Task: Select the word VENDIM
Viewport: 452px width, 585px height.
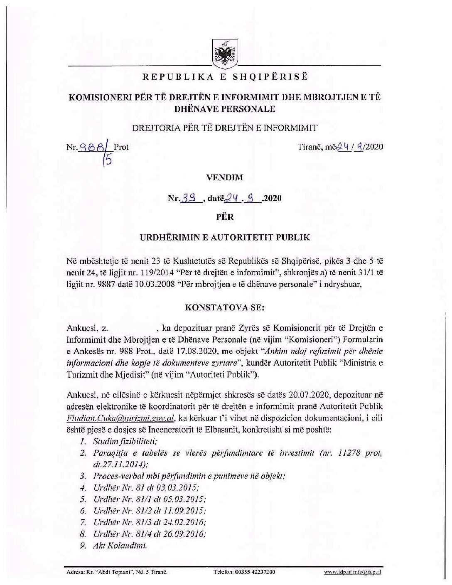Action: [224, 177]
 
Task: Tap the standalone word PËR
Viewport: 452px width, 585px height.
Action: [225, 217]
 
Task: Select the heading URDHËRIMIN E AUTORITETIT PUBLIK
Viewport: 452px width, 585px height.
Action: [224, 238]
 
